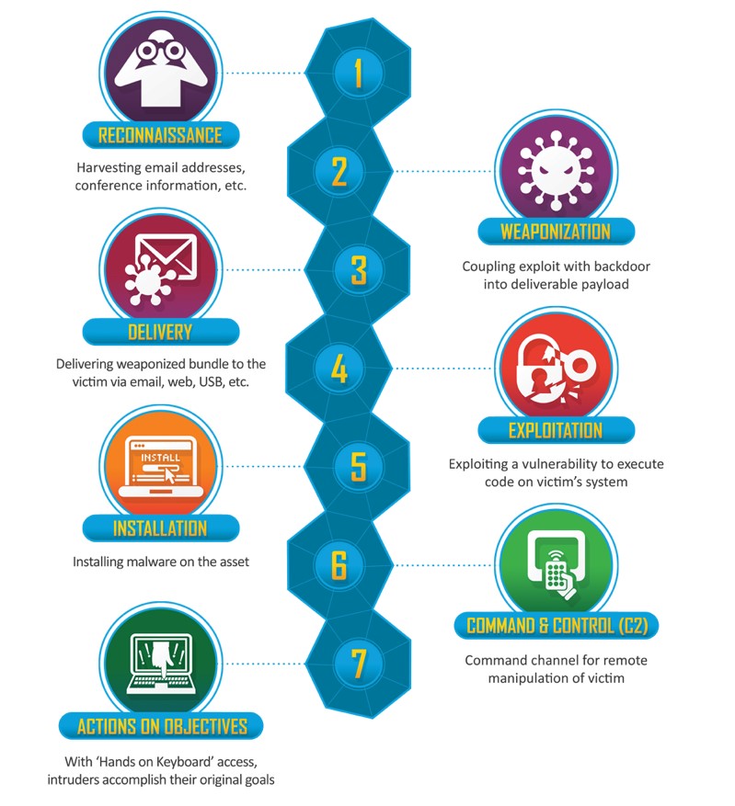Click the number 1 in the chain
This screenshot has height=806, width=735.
[358, 73]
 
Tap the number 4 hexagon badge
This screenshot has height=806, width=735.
[339, 368]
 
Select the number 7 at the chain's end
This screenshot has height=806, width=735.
[358, 664]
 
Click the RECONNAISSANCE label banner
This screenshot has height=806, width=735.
[160, 135]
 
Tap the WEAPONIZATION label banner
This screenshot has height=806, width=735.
[556, 232]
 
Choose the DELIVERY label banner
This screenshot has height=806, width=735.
[160, 332]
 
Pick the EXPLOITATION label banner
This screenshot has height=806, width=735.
[556, 430]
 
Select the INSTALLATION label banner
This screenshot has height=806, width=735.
[160, 528]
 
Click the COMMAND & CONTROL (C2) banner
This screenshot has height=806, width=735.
[557, 626]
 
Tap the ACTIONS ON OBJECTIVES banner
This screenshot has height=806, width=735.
[161, 726]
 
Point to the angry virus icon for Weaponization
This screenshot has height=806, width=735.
[556, 170]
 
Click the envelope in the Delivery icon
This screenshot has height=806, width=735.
[167, 255]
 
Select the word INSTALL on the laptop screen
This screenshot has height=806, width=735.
[160, 457]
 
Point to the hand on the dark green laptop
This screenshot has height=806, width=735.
[160, 659]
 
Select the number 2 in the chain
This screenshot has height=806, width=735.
[339, 171]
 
